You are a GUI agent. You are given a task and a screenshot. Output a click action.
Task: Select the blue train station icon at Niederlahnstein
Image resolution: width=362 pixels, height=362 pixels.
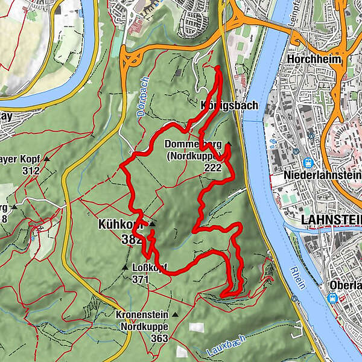coord(308,162)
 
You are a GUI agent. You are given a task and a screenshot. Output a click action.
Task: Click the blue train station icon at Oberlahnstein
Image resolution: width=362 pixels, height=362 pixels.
coord(332,297)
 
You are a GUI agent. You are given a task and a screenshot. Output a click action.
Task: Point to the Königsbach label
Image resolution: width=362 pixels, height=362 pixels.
coord(229,106)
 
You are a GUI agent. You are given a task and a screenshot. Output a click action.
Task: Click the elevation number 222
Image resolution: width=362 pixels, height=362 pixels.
coord(212,168)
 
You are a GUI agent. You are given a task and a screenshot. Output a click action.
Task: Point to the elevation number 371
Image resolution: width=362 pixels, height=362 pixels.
coord(140,279)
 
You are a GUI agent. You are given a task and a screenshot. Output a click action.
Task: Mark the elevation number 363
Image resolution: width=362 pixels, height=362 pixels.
coord(159,338)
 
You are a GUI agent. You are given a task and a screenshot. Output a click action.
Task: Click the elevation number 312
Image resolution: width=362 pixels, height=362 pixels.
coord(30,171)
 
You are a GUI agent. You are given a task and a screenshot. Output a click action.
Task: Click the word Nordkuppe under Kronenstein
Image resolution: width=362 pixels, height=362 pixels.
coord(144,327)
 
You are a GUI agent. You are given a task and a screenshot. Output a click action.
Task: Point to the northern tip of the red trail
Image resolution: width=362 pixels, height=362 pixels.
coord(217,69)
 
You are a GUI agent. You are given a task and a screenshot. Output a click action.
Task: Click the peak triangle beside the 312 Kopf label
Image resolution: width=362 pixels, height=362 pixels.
coord(46,159)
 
